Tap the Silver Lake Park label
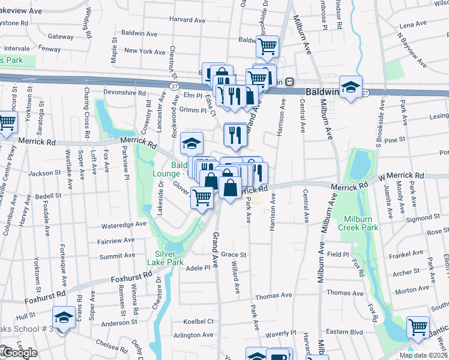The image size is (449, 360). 160,257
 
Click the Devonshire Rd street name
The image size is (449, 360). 125,93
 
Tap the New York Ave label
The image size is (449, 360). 145,52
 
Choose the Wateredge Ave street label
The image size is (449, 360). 124,224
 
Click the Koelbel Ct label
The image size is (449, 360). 198,321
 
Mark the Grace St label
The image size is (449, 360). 234,254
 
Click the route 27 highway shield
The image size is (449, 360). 174,86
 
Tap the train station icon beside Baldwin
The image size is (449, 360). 289,82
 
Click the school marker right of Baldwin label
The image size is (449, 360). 351,86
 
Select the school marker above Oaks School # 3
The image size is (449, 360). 63,316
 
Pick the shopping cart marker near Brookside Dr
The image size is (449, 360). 268,46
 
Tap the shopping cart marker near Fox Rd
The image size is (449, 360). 418,326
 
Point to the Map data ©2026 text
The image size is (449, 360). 423,355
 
